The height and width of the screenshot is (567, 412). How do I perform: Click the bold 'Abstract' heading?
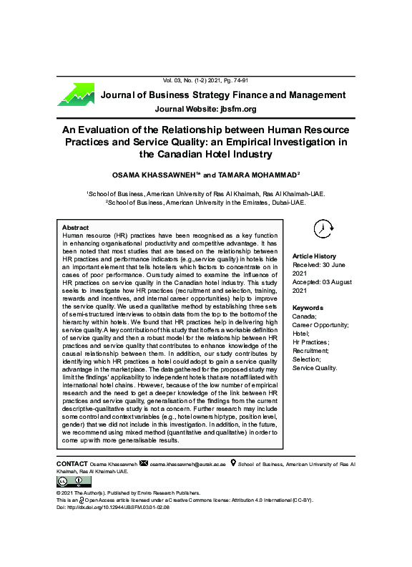click(75, 227)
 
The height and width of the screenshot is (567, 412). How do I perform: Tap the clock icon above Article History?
click(323, 228)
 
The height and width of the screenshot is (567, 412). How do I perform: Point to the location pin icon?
click(233, 465)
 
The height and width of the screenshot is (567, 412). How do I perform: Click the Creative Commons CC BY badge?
click(69, 483)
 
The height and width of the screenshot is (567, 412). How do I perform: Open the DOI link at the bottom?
click(112, 508)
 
